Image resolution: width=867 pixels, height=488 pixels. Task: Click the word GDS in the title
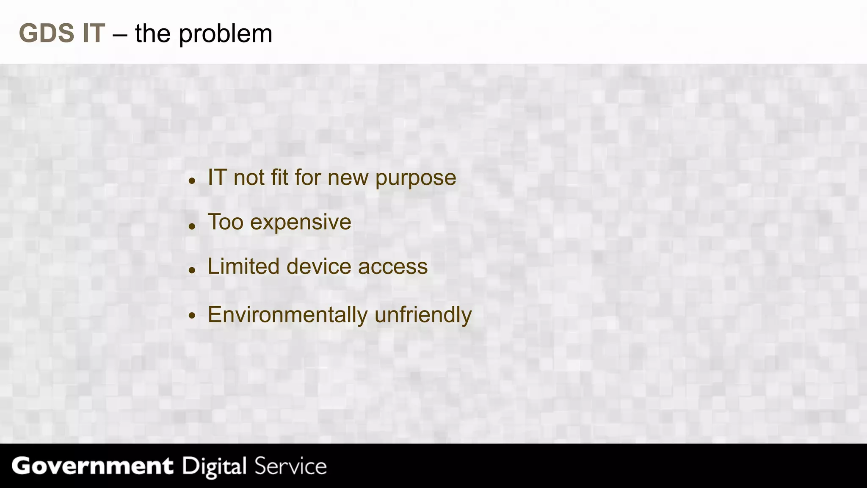pyautogui.click(x=47, y=33)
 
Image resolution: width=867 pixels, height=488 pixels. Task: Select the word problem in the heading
pyautogui.click(x=225, y=34)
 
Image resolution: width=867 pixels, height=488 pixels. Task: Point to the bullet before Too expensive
pyautogui.click(x=192, y=226)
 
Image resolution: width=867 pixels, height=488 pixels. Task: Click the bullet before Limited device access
pyautogui.click(x=192, y=270)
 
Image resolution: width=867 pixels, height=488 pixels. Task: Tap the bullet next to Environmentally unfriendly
pyautogui.click(x=192, y=315)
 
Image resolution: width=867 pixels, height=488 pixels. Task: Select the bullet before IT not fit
pyautogui.click(x=192, y=181)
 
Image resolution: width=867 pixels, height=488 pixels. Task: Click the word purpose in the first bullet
pyautogui.click(x=415, y=178)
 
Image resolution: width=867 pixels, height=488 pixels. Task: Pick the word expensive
pyautogui.click(x=301, y=222)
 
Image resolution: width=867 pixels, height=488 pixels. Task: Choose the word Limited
pyautogui.click(x=243, y=266)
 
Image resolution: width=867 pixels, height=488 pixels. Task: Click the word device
pyautogui.click(x=319, y=266)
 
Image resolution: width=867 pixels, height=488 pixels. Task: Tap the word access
pyautogui.click(x=393, y=267)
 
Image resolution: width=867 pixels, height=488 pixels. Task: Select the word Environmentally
pyautogui.click(x=287, y=315)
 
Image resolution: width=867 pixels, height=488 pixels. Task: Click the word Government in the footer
pyautogui.click(x=92, y=466)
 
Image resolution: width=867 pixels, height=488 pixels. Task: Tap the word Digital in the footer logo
pyautogui.click(x=214, y=466)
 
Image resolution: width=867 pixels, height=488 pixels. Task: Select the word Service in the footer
pyautogui.click(x=290, y=466)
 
